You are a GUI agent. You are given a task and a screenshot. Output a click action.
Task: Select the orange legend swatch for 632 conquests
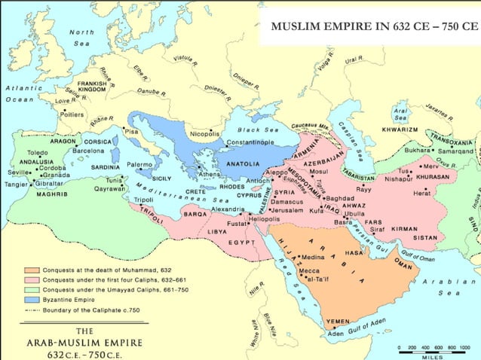click(31, 270)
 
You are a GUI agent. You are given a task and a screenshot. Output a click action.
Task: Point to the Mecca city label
click(308, 270)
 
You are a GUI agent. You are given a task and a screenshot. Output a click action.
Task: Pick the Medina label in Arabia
click(313, 257)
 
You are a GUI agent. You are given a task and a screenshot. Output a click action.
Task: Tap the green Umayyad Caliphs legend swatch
click(31, 289)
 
